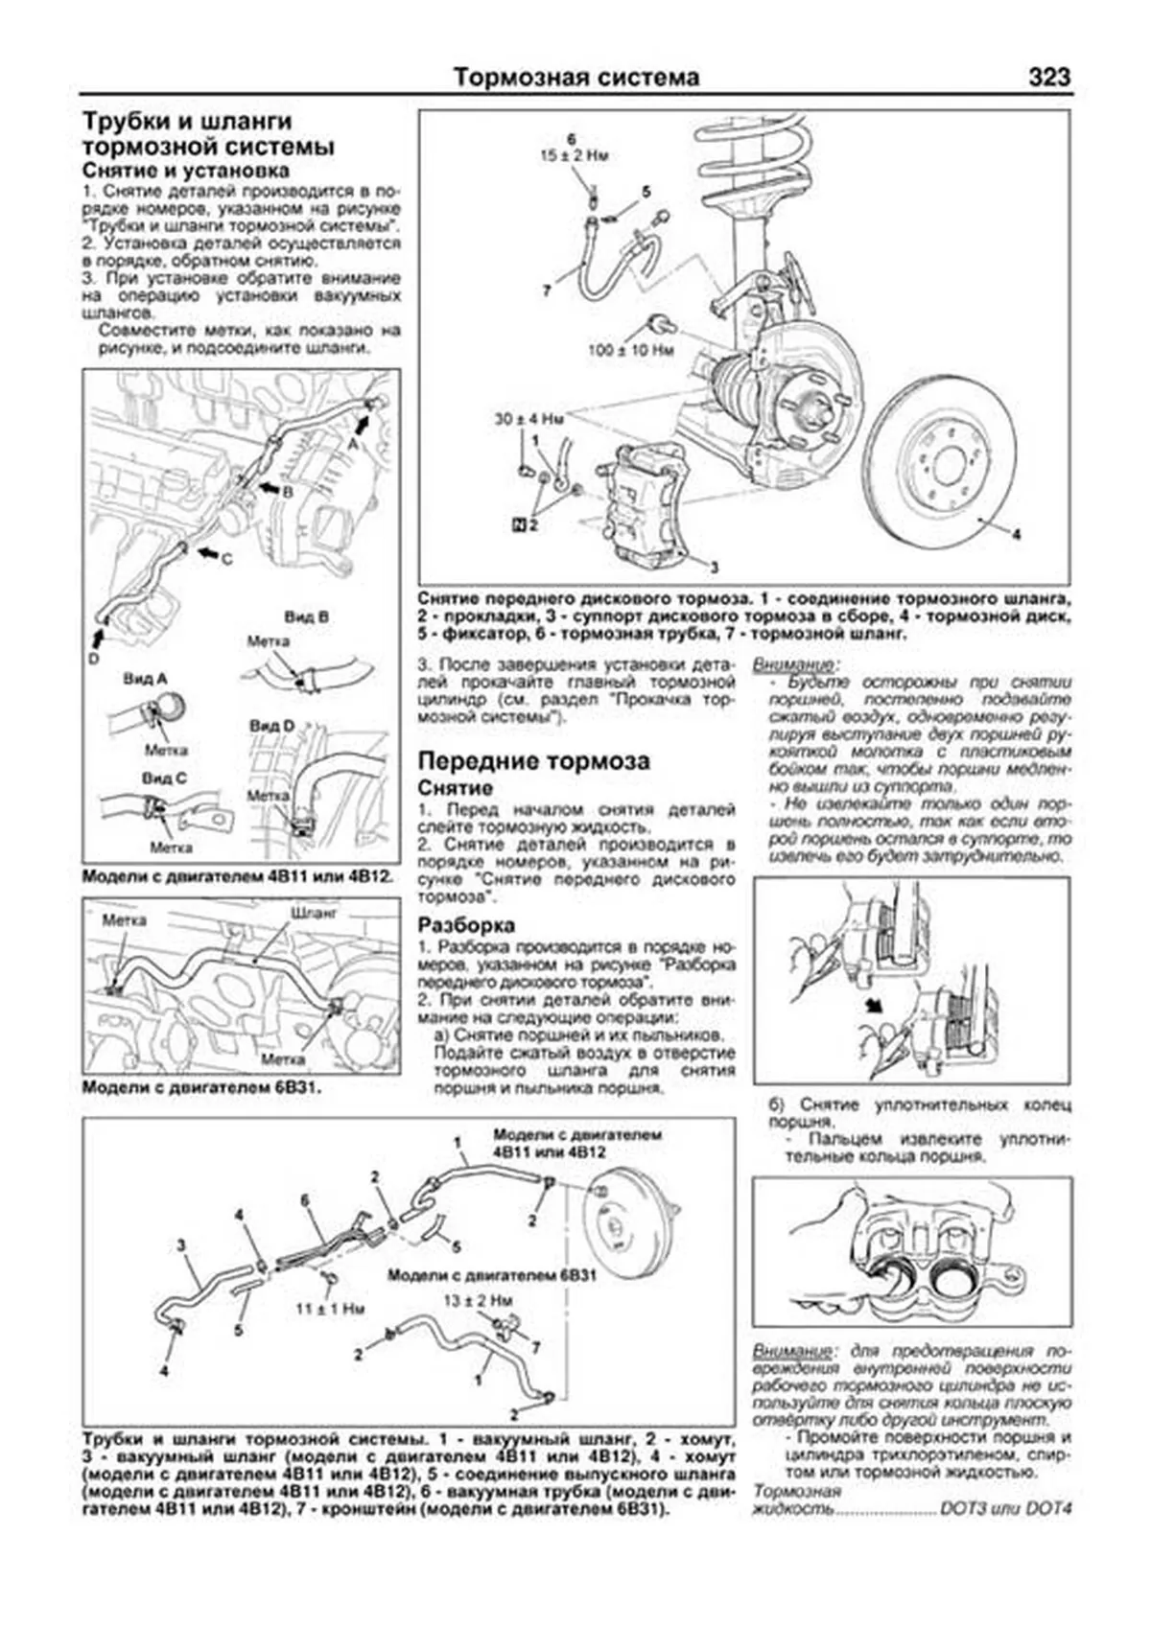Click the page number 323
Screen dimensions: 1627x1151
tap(1048, 77)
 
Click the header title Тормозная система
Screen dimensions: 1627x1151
tap(575, 77)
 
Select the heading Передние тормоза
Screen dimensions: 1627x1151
tap(533, 761)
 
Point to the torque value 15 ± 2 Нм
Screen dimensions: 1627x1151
tap(575, 153)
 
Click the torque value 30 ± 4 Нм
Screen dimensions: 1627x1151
tap(529, 419)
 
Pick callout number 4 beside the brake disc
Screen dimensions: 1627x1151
tap(1016, 535)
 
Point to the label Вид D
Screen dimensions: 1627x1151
tap(271, 726)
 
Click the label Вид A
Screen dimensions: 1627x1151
tap(145, 679)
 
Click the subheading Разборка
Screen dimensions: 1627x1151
tap(466, 925)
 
